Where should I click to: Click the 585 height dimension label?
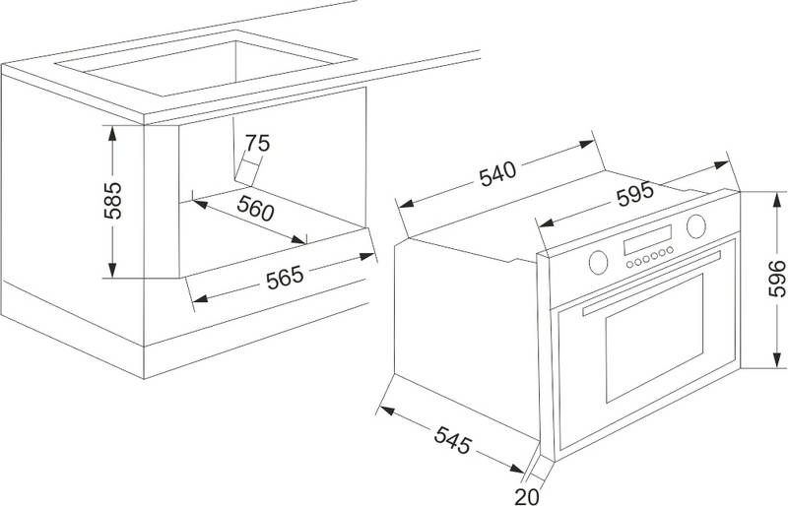pyautogui.click(x=112, y=200)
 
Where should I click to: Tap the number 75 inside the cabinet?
pyautogui.click(x=257, y=143)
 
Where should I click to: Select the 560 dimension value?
pyautogui.click(x=256, y=208)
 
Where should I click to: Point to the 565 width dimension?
pyautogui.click(x=285, y=277)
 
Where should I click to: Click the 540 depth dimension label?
pyautogui.click(x=497, y=173)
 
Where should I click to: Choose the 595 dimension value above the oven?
pyautogui.click(x=635, y=194)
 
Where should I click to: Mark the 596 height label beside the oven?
pyautogui.click(x=777, y=279)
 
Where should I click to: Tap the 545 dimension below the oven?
pyautogui.click(x=453, y=440)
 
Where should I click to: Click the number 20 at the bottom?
pyautogui.click(x=527, y=497)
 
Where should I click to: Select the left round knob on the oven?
pyautogui.click(x=598, y=262)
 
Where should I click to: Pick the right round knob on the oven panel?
pyautogui.click(x=696, y=226)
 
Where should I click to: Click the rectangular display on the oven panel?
pyautogui.click(x=648, y=239)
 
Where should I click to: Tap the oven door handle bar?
pyautogui.click(x=652, y=283)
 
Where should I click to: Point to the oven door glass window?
pyautogui.click(x=654, y=339)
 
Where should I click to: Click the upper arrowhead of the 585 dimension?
pyautogui.click(x=112, y=134)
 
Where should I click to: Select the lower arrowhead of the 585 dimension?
pyautogui.click(x=112, y=270)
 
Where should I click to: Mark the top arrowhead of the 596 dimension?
pyautogui.click(x=777, y=201)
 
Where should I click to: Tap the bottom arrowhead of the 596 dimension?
pyautogui.click(x=777, y=359)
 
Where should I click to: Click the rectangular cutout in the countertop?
pyautogui.click(x=206, y=63)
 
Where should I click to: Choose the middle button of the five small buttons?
pyautogui.click(x=646, y=258)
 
